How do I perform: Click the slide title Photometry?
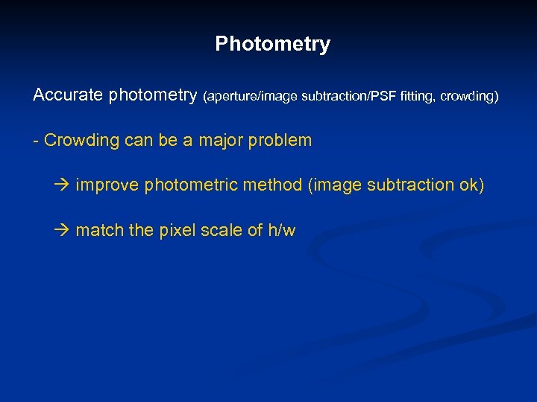pyautogui.click(x=272, y=45)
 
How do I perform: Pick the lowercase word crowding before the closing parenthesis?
pyautogui.click(x=468, y=97)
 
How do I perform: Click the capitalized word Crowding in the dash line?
pyautogui.click(x=78, y=141)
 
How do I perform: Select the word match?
pyautogui.click(x=100, y=231)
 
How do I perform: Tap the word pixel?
pyautogui.click(x=175, y=231)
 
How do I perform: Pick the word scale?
pyautogui.click(x=222, y=231)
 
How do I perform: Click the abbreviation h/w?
pyautogui.click(x=281, y=231)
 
